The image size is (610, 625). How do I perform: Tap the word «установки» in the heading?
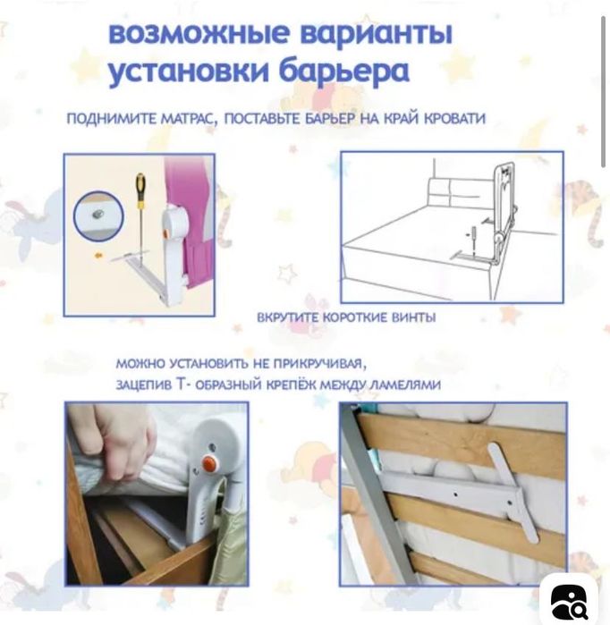point(187,72)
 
